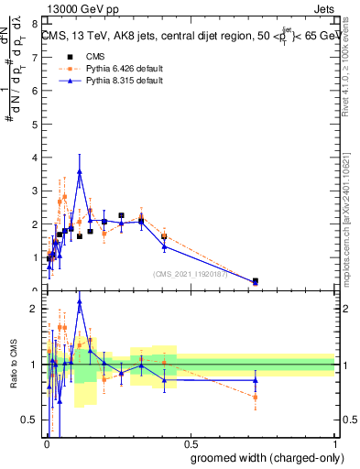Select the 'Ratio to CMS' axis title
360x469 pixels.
point(14,365)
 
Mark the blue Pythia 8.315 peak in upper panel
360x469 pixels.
point(80,171)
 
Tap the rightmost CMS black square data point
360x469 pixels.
point(256,281)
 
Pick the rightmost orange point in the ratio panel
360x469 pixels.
point(256,397)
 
